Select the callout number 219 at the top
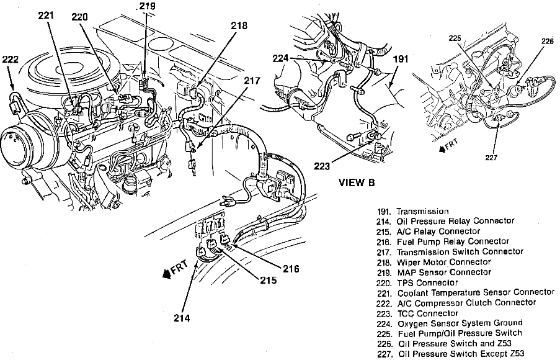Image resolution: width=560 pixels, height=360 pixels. [147, 7]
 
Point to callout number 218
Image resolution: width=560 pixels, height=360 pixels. [238, 26]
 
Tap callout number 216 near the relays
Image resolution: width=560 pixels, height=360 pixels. [290, 269]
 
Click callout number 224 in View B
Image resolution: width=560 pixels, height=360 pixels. [281, 60]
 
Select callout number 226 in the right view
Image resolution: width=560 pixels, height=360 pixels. [547, 42]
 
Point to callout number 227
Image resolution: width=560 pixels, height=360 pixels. [492, 157]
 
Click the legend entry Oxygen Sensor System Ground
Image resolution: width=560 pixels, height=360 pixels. [460, 323]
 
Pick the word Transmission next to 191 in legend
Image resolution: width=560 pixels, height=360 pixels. [422, 211]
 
